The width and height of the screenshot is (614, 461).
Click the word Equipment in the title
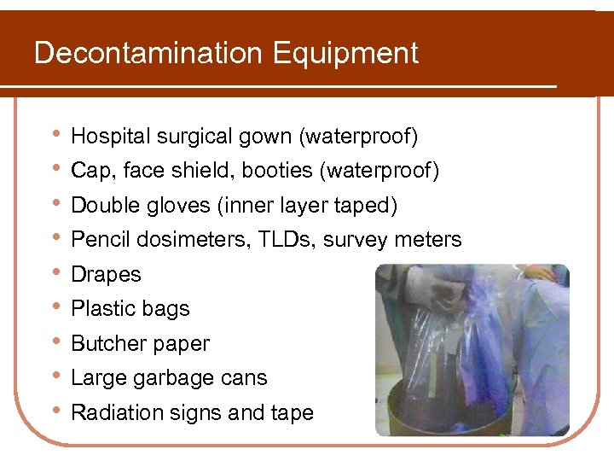point(345,55)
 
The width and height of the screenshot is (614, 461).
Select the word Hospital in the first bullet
point(106,137)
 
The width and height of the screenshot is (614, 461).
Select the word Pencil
point(96,240)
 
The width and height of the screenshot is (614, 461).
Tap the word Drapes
point(106,275)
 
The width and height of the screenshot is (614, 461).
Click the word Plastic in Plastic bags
point(98,309)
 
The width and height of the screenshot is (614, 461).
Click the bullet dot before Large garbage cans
point(55,376)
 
